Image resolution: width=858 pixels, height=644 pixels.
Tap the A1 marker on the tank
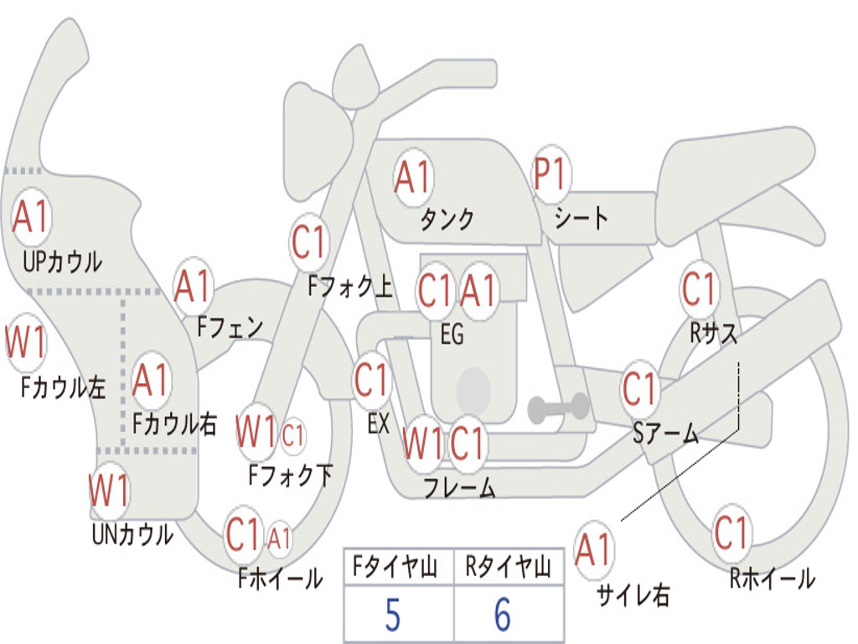[x=414, y=178]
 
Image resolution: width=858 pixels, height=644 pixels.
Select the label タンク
[x=447, y=219]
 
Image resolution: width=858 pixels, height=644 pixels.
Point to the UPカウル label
[x=62, y=262]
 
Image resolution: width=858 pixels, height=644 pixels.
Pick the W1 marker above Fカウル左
[x=26, y=343]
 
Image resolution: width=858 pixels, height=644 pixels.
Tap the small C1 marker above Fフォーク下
[x=293, y=436]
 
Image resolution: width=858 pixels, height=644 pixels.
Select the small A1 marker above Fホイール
[x=279, y=538]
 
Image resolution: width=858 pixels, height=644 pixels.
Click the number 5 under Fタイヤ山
[x=393, y=615]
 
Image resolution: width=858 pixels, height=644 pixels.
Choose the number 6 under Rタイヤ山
[x=503, y=615]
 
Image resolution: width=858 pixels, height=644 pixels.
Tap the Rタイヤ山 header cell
[x=509, y=566]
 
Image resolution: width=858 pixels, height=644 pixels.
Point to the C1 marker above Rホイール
[x=731, y=532]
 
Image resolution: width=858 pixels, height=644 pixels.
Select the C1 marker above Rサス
[x=699, y=288]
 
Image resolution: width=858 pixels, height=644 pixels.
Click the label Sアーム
[x=666, y=434]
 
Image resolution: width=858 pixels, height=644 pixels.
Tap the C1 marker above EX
[x=372, y=380]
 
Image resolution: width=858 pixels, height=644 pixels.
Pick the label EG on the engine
[x=452, y=334]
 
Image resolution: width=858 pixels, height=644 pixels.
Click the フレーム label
[x=460, y=487]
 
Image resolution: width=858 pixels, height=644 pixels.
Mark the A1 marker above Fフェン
[x=193, y=286]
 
